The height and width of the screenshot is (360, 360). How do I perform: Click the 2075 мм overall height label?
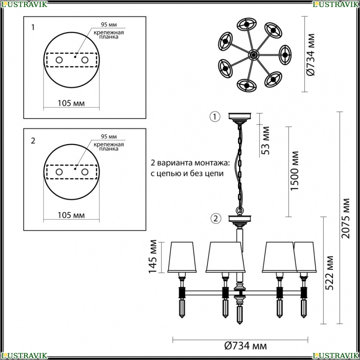point(346,219)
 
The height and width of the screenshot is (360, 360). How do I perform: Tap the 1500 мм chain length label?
point(294,171)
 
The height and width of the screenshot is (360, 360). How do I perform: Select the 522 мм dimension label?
point(329,273)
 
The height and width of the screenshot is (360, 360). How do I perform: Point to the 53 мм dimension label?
point(265,140)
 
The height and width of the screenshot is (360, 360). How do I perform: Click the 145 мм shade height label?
point(152,256)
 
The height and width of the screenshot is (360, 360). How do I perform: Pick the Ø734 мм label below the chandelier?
point(246,345)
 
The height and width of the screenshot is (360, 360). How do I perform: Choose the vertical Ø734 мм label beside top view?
point(311,55)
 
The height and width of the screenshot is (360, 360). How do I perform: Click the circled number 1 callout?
point(215,117)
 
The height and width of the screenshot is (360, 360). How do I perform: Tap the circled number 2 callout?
point(216,219)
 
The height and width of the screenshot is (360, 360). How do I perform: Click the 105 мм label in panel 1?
point(71,103)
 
